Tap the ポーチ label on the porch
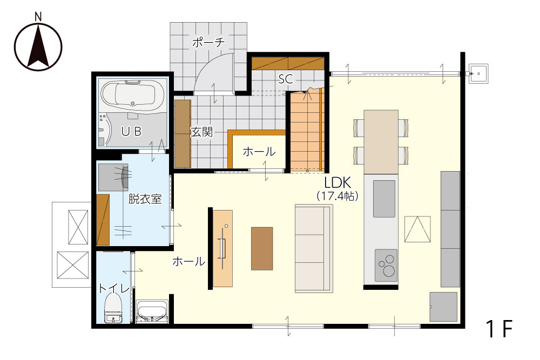coord(208,43)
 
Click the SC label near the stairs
coord(286,79)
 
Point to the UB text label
coord(131,131)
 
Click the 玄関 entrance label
coord(201,132)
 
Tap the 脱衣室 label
coord(145,199)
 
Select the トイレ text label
coord(114,288)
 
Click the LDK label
coord(337,183)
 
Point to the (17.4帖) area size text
coord(337,196)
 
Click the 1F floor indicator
coord(499,329)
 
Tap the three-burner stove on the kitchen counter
coord(386,265)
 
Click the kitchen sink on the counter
coord(384,199)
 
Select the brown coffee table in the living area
coord(262,248)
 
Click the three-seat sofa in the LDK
coord(314,248)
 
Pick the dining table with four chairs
coord(381,142)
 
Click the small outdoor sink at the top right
coord(478,73)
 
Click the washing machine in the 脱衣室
coord(113,177)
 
